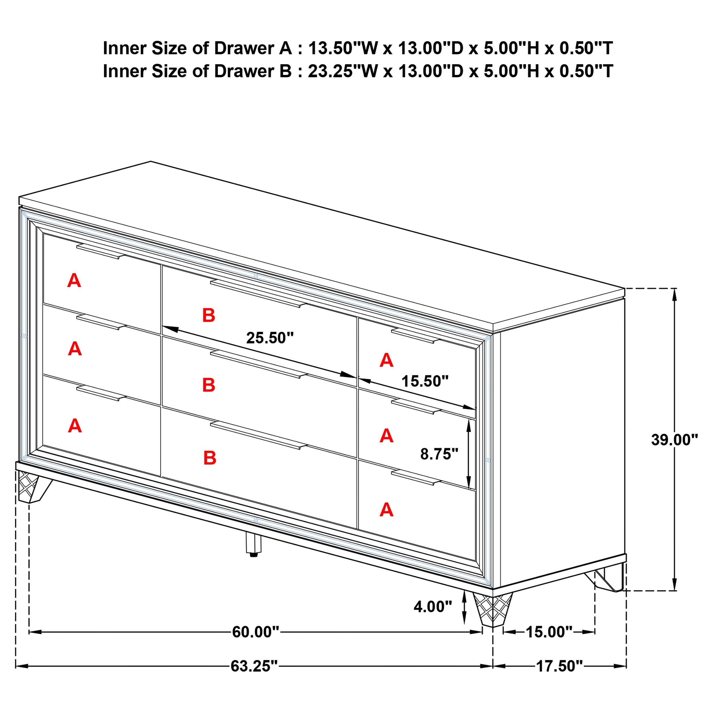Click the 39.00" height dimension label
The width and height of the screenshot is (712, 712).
tap(674, 440)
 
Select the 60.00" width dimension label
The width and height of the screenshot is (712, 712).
tap(255, 632)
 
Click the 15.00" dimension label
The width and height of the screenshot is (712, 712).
tap(549, 632)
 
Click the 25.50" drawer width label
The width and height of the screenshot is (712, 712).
tap(270, 337)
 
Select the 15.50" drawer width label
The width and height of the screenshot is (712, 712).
tap(425, 381)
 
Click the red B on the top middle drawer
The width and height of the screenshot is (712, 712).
tap(208, 316)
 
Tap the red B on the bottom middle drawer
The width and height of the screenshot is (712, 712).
tap(210, 458)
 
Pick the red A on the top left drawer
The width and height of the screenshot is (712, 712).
tap(74, 281)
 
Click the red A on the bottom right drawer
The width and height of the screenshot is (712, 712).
tap(386, 510)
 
